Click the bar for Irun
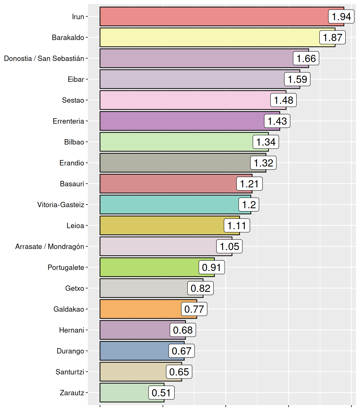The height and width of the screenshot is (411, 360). click(214, 17)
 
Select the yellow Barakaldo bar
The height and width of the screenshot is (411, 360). click(209, 37)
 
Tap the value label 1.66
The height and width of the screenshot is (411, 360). click(306, 58)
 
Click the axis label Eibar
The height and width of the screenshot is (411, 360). click(76, 79)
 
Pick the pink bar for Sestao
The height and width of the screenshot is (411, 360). click(185, 100)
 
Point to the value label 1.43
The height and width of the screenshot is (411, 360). click(277, 121)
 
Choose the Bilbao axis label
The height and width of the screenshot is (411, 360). click(74, 142)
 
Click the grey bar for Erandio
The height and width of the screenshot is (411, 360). click(174, 163)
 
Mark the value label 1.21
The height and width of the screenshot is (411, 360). click(249, 184)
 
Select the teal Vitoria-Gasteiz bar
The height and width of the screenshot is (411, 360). click(169, 205)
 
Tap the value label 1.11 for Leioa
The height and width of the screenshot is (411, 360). click(237, 226)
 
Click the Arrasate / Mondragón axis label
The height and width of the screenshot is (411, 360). click(50, 246)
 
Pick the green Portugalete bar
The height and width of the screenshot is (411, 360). click(149, 267)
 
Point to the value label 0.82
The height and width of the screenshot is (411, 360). click(200, 288)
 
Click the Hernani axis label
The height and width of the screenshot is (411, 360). click(72, 330)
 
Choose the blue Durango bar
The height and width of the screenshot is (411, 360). click(134, 351)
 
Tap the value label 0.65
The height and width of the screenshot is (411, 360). click(179, 372)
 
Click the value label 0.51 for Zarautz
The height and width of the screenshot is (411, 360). click(161, 393)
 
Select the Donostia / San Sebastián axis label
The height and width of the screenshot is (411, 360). click(44, 59)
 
